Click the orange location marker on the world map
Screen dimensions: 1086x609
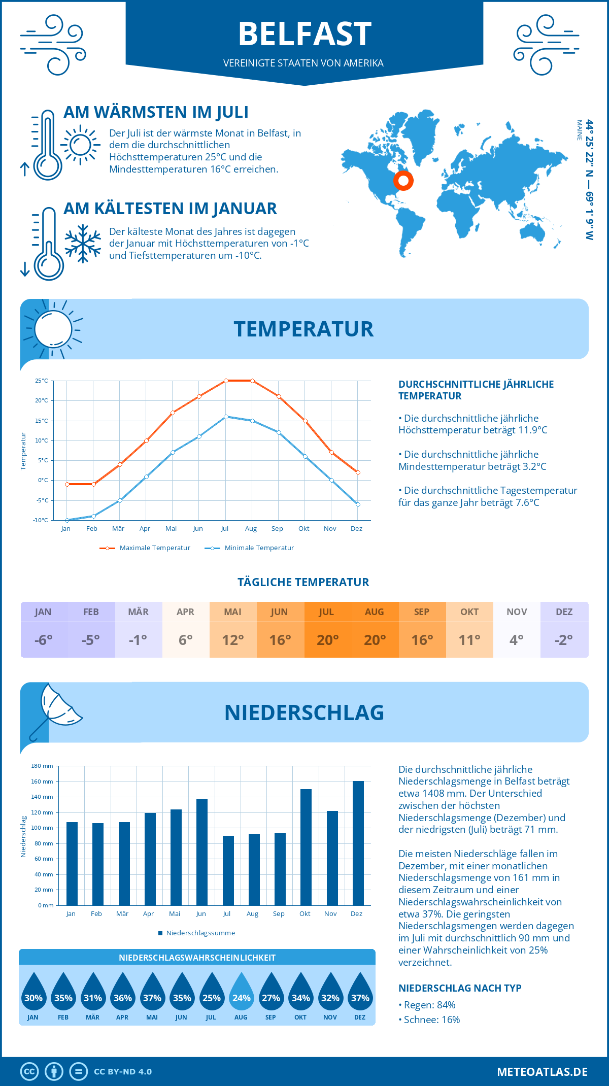403,180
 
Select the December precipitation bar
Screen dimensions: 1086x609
358,843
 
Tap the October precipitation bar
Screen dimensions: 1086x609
306,847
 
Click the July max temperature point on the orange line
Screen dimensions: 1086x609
226,381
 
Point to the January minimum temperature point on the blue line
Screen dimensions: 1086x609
67,520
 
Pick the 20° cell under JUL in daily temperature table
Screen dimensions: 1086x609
327,640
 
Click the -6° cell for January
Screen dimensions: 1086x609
44,640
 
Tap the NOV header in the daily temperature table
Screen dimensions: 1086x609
517,612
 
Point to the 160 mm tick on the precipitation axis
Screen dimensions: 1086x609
42,782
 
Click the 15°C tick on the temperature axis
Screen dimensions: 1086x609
42,421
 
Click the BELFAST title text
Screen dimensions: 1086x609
304,34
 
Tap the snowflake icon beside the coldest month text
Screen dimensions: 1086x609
83,244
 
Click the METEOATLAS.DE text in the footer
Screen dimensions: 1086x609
542,1072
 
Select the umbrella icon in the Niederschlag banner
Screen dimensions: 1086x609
56,708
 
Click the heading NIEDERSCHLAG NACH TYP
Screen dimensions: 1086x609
460,988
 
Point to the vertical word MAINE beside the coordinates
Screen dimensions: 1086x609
580,130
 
